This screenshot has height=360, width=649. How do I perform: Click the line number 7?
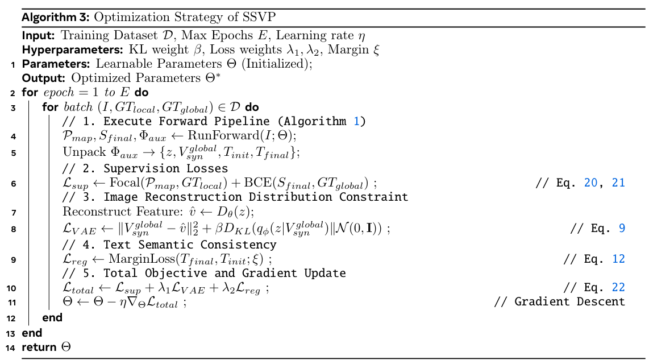point(13,212)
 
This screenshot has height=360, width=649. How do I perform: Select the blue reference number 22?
point(617,288)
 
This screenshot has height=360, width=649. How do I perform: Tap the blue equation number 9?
point(621,228)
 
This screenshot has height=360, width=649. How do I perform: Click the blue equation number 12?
point(618,259)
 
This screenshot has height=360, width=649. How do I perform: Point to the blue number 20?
point(591,183)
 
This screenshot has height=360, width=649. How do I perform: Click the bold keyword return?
point(39,347)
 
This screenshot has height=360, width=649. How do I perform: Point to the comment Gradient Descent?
point(569,301)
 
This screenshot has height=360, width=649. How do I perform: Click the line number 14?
point(11,347)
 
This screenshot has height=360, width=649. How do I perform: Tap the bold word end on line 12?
point(52,317)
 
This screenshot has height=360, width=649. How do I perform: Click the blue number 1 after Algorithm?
point(356,121)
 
